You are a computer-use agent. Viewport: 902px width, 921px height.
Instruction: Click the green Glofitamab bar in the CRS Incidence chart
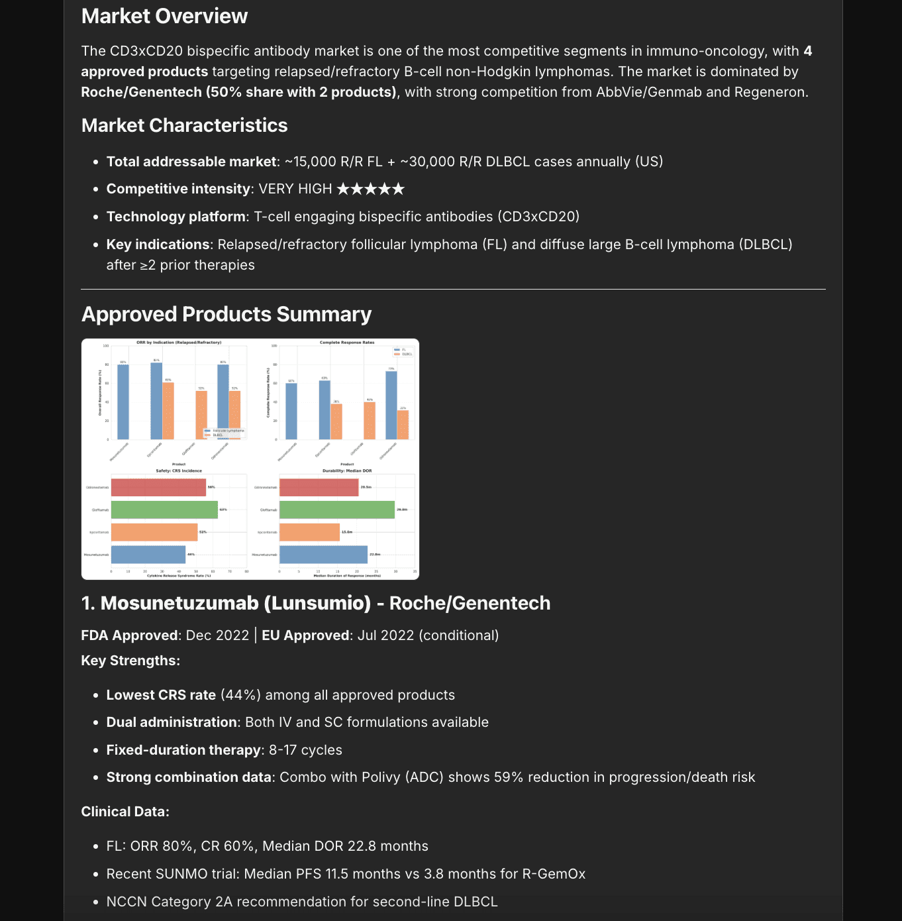coord(164,510)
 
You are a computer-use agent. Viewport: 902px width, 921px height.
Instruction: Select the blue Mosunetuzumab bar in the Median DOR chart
coord(323,555)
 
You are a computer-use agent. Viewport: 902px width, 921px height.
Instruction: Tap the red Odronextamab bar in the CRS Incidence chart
coord(158,488)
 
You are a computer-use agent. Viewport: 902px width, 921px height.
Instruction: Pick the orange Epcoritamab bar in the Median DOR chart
coord(309,532)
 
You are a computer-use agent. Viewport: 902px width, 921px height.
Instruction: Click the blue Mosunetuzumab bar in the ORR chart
coord(123,402)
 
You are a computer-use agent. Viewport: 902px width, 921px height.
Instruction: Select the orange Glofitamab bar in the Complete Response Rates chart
coord(370,421)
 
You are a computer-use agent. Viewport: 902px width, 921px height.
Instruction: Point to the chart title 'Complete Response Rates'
coord(347,343)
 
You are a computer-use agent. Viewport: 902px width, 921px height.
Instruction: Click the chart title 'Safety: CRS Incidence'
coord(179,470)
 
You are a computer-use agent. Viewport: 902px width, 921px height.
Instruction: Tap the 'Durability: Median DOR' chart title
coord(347,470)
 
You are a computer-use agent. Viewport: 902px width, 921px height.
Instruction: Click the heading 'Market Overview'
coord(164,16)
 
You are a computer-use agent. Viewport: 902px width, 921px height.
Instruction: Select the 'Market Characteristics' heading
coord(184,125)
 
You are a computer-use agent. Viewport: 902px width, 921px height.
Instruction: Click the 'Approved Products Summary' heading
coord(226,314)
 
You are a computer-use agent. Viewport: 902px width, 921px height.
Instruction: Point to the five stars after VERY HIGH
coord(370,190)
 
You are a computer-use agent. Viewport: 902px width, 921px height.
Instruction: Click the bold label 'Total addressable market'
coord(191,162)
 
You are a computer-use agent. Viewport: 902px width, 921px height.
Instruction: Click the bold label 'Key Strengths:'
coord(130,661)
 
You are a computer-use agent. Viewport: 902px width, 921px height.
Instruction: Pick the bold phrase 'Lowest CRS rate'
coord(161,695)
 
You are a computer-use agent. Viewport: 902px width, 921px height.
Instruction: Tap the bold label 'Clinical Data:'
coord(125,812)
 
